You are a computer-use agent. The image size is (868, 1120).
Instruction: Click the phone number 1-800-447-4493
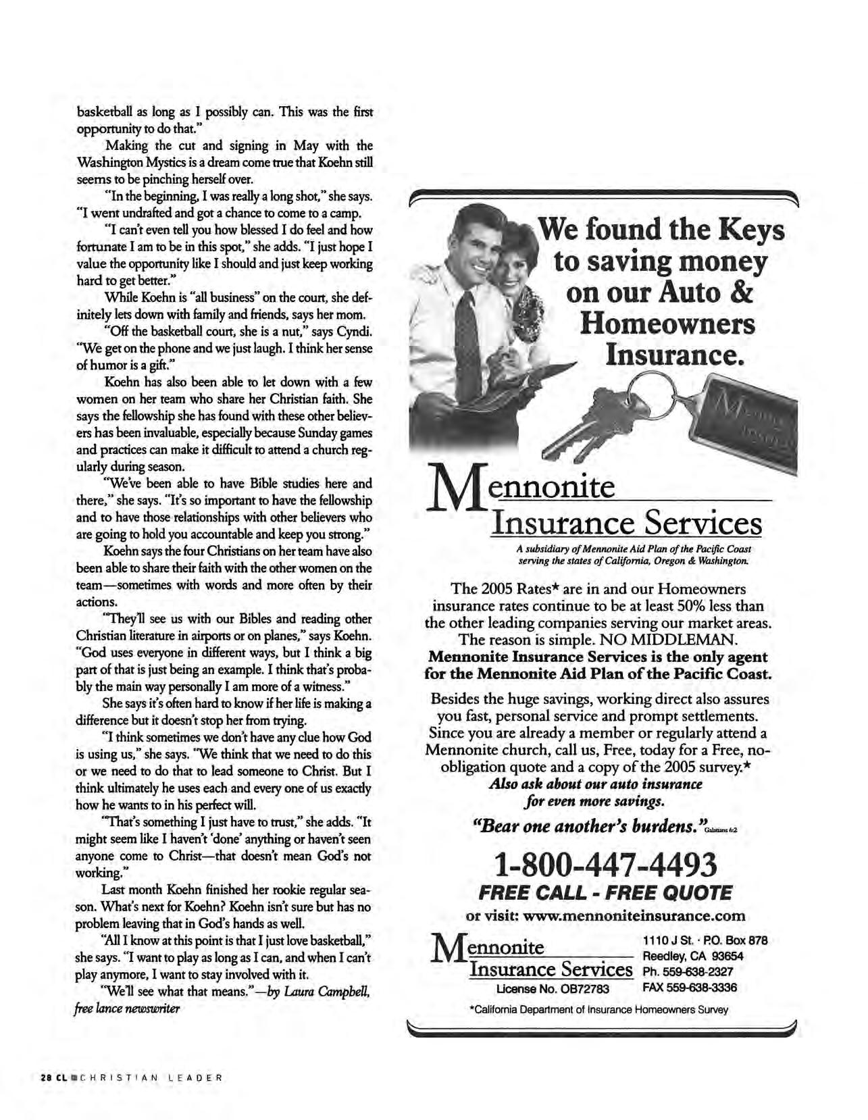[605, 864]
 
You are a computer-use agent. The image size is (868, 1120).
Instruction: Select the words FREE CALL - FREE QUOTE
[605, 893]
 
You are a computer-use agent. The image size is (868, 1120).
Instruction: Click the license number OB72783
[585, 989]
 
